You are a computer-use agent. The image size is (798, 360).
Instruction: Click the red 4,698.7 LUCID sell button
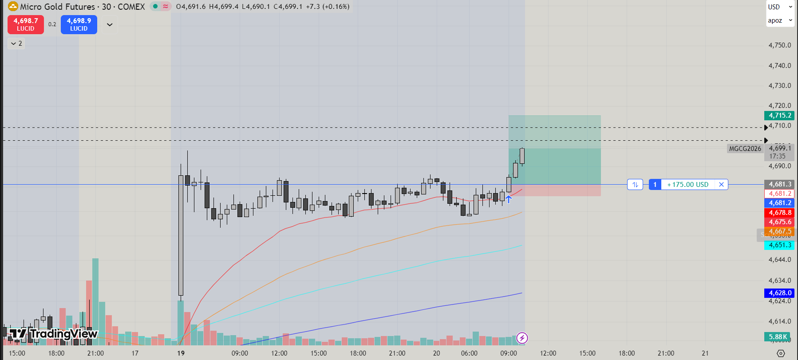coord(25,24)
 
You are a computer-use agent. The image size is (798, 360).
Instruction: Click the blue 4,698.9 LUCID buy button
coord(79,24)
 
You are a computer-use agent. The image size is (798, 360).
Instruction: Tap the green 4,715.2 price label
coord(779,115)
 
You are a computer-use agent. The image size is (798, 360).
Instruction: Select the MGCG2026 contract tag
coord(745,149)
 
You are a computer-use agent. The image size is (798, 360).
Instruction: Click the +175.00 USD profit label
coord(687,185)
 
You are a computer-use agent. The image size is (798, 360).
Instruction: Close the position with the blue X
coord(721,185)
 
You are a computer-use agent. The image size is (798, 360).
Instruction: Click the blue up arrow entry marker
coord(509,199)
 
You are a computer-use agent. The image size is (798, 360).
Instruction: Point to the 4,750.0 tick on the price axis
coord(779,45)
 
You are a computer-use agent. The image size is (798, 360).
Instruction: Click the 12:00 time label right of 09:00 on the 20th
coord(548,353)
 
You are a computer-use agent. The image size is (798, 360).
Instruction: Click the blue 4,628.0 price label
coord(779,293)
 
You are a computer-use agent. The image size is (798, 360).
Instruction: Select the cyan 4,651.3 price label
coord(779,245)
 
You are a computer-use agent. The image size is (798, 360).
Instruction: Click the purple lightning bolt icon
coord(522,338)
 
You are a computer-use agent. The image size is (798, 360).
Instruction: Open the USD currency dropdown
coord(780,7)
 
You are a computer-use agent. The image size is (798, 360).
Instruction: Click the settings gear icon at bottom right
coord(781,353)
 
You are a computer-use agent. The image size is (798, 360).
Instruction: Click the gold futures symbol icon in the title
coord(13,7)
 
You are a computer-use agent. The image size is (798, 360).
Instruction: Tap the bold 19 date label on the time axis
coord(181,353)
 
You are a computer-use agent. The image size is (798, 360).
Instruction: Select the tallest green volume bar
coord(95,302)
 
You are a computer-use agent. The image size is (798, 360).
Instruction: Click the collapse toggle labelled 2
coord(16,44)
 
